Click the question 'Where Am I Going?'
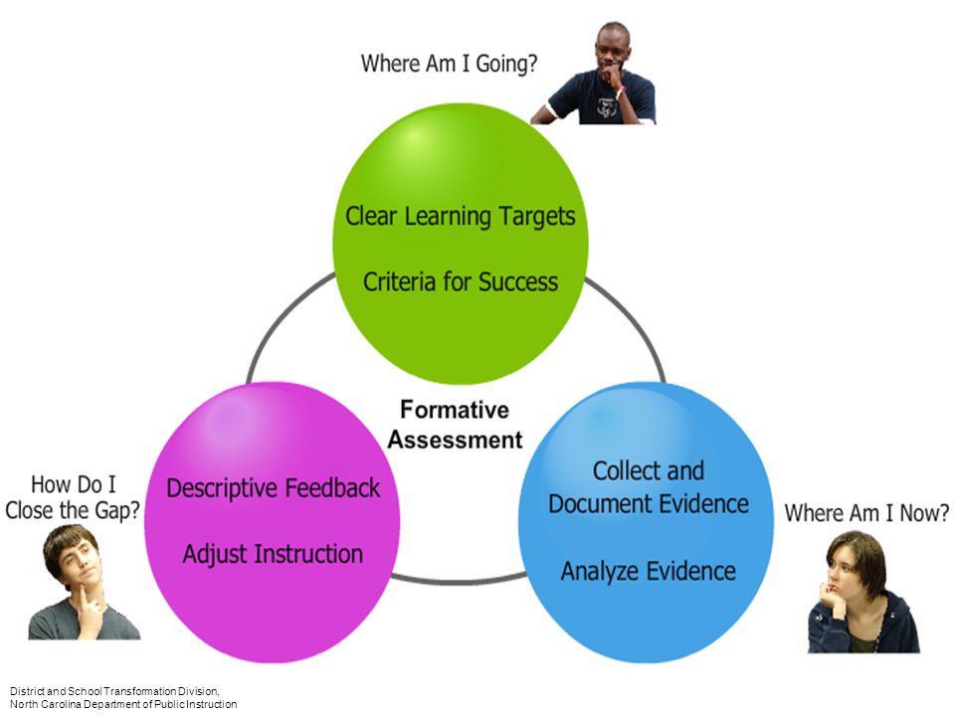(449, 64)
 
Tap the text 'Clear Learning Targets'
(461, 217)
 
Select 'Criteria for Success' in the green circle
(461, 281)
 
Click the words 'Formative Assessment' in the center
(455, 425)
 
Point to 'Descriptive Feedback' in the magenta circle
(273, 488)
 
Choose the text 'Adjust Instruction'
(273, 554)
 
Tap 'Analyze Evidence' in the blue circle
(648, 572)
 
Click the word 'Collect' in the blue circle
(623, 470)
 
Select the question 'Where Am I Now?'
(866, 513)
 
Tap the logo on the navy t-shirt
(606, 107)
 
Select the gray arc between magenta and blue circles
(458, 582)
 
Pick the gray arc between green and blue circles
(634, 321)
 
